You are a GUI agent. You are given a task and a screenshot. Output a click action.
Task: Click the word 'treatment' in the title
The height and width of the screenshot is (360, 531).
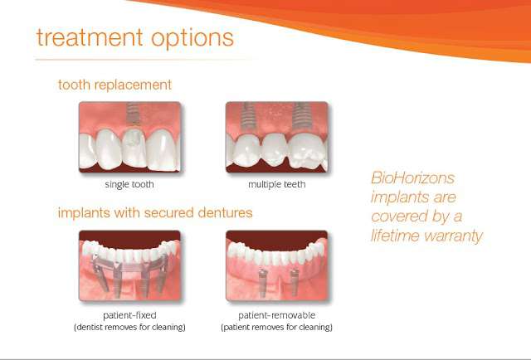90,37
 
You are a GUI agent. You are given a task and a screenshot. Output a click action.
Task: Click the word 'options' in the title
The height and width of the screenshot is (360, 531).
192,39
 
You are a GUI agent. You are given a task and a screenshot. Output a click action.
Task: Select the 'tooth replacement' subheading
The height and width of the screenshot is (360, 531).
114,85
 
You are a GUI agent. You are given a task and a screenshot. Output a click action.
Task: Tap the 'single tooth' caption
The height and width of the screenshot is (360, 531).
129,185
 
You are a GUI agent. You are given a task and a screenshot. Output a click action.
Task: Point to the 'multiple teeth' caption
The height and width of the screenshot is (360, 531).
276,185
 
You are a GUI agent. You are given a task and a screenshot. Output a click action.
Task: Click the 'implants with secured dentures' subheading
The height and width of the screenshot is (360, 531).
155,213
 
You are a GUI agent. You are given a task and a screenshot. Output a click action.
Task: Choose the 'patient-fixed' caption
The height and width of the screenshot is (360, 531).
129,316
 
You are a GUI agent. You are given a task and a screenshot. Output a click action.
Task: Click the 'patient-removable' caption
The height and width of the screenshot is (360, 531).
276,316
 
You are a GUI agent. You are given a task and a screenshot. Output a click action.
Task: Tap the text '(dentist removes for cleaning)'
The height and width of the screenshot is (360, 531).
129,328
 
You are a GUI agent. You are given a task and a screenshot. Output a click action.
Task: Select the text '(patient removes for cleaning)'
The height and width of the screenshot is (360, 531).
276,328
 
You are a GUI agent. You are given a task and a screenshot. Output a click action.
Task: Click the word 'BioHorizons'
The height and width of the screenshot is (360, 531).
413,178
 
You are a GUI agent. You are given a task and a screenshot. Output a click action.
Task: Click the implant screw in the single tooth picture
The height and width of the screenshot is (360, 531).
133,114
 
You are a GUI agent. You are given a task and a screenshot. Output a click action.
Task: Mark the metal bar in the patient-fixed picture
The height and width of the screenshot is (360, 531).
130,264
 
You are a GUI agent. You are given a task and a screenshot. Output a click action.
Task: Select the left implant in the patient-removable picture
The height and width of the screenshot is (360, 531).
262,283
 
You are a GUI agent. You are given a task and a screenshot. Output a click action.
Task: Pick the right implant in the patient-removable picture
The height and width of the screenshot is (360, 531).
295,283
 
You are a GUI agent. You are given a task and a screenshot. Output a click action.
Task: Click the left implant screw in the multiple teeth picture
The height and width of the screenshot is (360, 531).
249,116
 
